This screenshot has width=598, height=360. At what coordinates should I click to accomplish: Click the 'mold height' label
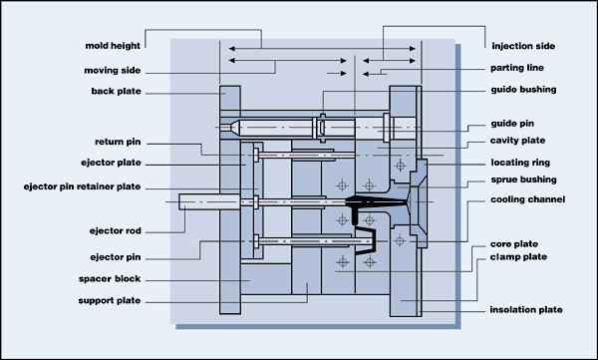point(111,46)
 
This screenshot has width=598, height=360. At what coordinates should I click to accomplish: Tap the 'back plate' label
point(115,93)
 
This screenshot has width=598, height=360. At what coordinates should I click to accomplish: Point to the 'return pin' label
point(118,142)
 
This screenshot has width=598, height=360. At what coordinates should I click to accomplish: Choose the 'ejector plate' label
point(110,162)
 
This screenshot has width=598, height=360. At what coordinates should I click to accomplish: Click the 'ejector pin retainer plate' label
point(83,185)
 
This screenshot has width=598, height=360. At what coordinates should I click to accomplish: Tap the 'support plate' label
point(109,300)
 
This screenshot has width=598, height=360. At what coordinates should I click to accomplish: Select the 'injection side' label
point(524,46)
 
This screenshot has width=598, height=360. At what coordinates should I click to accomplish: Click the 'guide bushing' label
point(523,90)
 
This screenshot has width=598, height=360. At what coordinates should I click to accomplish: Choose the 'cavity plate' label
point(518,141)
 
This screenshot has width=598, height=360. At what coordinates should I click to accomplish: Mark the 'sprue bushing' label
point(523,180)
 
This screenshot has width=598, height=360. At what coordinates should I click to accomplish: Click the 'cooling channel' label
point(527,199)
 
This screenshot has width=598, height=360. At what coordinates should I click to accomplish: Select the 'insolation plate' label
point(528,310)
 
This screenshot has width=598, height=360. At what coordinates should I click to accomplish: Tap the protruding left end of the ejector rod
point(187,201)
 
